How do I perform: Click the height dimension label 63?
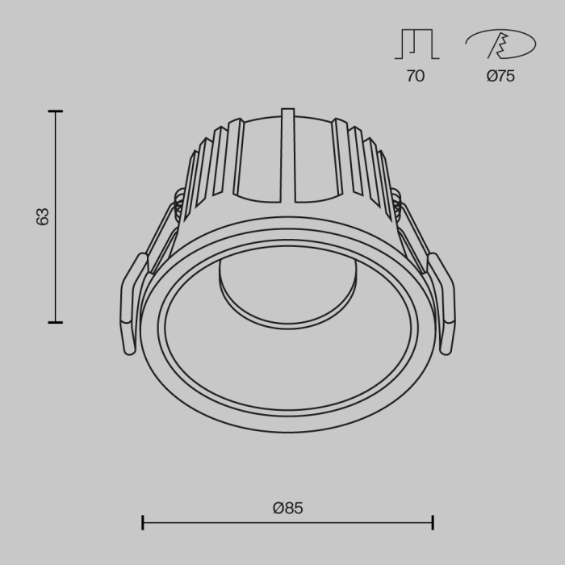[x=43, y=216]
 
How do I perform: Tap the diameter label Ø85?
[x=287, y=508]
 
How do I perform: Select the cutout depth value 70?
[x=416, y=77]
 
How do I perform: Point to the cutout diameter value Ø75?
[x=500, y=77]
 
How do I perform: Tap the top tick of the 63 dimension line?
[x=55, y=111]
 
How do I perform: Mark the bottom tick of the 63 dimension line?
[x=55, y=322]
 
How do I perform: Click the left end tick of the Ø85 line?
[x=143, y=522]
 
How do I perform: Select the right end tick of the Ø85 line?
[x=433, y=522]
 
